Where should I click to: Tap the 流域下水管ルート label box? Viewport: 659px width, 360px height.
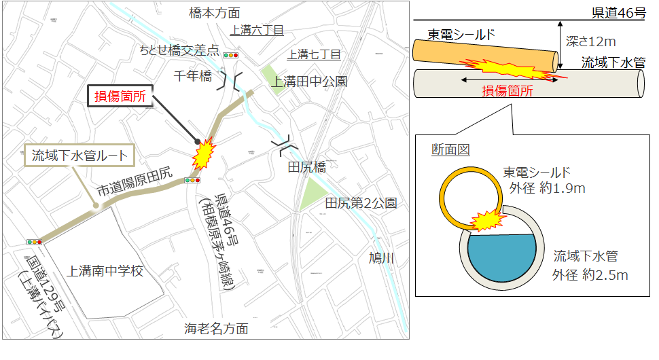[80, 156]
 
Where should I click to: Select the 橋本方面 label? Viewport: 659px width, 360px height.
[214, 13]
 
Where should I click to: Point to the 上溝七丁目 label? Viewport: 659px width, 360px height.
[313, 54]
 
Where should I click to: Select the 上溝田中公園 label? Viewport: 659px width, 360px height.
[309, 82]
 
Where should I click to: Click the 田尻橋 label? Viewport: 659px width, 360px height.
[307, 166]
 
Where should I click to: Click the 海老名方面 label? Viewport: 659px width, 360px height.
[216, 329]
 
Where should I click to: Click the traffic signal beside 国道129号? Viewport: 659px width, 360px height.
[34, 241]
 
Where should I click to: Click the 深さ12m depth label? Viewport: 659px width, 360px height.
[590, 42]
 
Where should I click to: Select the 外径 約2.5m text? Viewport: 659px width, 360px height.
[590, 274]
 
